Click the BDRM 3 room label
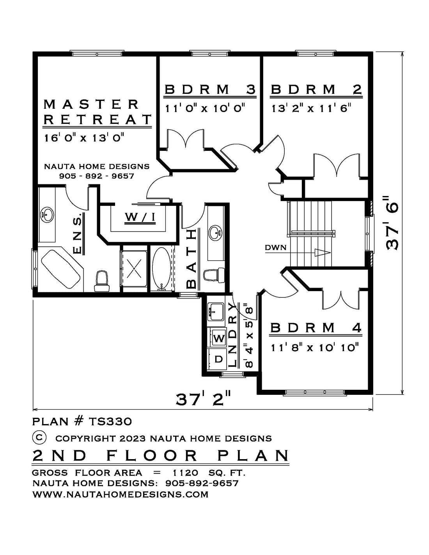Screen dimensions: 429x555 pos(210,89)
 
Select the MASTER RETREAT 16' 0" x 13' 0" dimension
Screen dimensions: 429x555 pos(84,138)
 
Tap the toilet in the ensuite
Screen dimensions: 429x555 pos(101,281)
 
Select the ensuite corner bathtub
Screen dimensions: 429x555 pos(61,269)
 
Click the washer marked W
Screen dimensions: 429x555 pos(218,338)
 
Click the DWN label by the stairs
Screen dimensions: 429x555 pos(275,247)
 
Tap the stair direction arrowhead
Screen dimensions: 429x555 pos(323,252)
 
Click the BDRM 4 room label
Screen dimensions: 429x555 pos(316,328)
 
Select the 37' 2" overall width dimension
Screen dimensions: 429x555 pos(203,399)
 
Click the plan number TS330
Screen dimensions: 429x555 pos(110,421)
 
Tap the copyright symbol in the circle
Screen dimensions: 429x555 pos(39,437)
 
